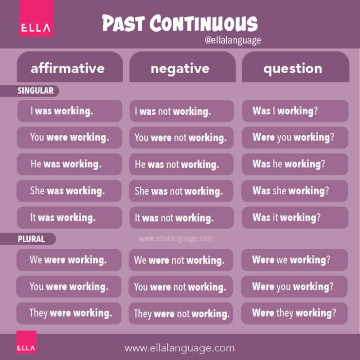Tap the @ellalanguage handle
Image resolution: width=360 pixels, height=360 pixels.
[233, 41]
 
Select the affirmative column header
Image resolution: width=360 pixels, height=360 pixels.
[68, 68]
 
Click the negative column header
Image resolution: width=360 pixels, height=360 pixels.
[180, 69]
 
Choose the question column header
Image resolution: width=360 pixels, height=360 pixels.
[293, 69]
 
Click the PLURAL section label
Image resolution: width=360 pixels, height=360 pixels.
[31, 239]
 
